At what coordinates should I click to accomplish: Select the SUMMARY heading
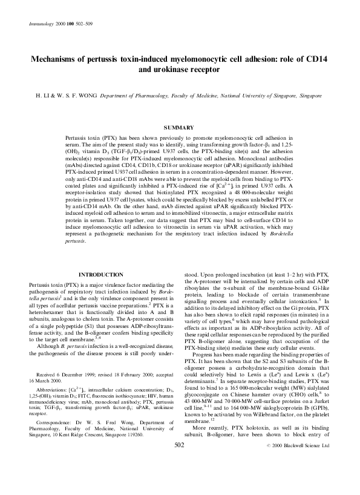click(x=179, y=127)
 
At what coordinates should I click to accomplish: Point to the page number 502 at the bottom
click(x=179, y=478)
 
